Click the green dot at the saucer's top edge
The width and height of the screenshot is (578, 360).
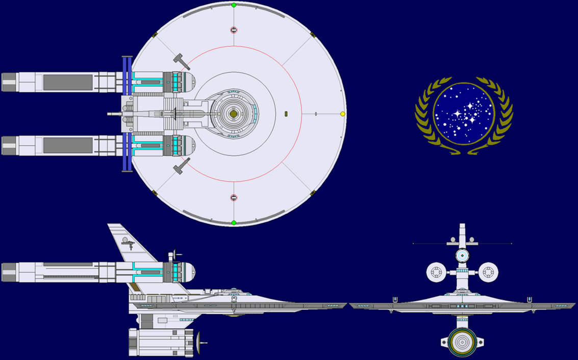234,5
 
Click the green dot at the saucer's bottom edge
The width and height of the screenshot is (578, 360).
234,222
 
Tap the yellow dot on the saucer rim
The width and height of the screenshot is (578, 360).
342,114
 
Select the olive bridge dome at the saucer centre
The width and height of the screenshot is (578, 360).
233,113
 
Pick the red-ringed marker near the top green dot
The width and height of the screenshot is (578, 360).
234,30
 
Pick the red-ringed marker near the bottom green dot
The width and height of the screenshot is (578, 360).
234,198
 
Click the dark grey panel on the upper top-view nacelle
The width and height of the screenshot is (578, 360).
68,82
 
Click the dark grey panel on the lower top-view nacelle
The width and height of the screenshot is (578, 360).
68,145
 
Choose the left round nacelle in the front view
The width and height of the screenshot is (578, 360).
436,272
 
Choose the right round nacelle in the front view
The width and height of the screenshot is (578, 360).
488,272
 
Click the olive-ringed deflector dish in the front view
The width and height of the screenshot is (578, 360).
462,342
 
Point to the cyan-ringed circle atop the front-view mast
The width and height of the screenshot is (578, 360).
462,255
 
